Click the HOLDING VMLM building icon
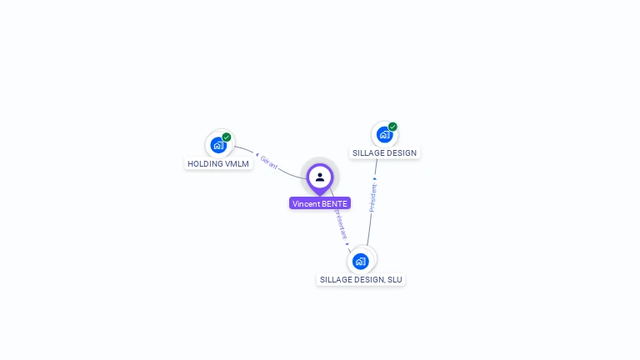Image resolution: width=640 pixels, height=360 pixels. pos(218,144)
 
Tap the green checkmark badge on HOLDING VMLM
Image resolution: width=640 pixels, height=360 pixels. pos(227,137)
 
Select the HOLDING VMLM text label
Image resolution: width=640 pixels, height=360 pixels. pos(218,164)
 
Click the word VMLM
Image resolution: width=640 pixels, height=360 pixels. pos(237,164)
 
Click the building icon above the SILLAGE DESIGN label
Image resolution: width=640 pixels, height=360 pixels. pos(384,134)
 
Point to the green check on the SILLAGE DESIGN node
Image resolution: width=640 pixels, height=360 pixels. pos(392,127)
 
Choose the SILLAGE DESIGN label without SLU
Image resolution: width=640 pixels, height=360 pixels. pos(384,153)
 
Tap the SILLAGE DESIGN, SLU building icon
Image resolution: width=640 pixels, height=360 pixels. pos(361,261)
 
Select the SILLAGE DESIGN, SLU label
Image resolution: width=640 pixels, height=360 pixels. pos(361,280)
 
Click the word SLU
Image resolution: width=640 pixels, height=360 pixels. pos(394,280)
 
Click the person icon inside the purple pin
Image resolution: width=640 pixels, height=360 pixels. pos(320,177)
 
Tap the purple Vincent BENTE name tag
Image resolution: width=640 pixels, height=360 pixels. pos(320,203)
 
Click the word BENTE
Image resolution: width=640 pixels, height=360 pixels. pos(334,203)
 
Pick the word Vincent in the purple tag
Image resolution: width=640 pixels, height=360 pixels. pos(306,203)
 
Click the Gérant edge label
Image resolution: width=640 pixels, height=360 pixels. pos(269,162)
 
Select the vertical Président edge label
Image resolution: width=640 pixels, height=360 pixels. pos(372,198)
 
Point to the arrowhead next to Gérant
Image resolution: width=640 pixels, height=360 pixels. pos(257,154)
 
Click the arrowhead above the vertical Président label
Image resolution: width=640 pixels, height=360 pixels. pos(375,178)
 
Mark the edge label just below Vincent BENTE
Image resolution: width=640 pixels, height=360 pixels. pos(340,224)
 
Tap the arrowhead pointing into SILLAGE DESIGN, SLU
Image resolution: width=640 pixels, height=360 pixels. pos(348,243)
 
